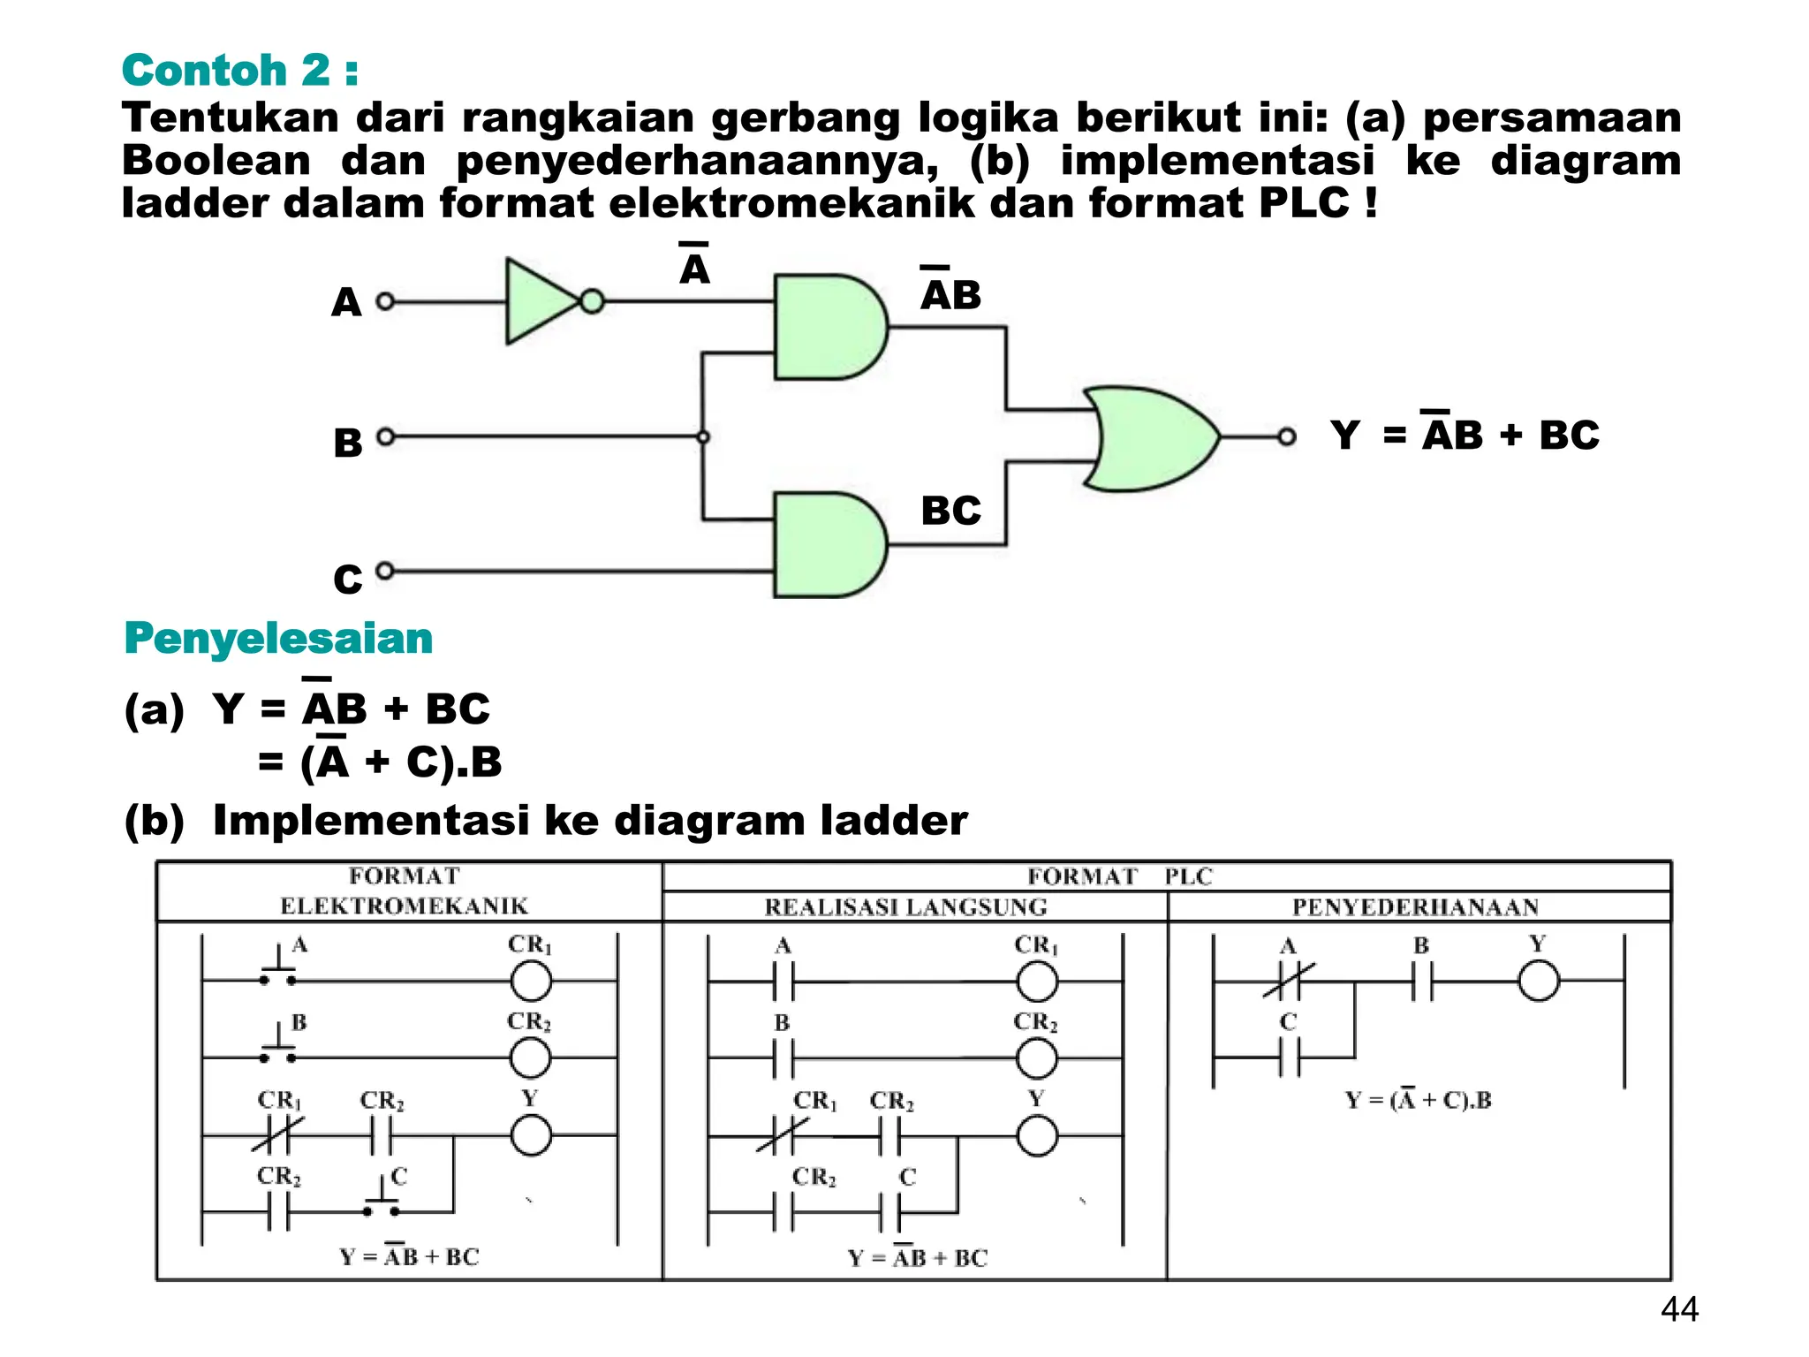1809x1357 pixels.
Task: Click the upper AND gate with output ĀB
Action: point(826,327)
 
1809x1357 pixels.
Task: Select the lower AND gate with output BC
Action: point(826,545)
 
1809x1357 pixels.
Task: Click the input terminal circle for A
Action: point(385,301)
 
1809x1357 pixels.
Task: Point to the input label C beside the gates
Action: point(347,580)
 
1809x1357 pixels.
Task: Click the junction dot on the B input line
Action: point(703,436)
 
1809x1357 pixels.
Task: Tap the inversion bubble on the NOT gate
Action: point(592,301)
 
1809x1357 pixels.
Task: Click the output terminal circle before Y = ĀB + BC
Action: point(1287,436)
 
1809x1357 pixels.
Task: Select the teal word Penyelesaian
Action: point(278,638)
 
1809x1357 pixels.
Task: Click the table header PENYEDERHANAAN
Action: point(1415,907)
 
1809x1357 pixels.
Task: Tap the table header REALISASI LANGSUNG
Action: point(905,907)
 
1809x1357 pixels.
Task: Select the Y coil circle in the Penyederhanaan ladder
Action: point(1539,982)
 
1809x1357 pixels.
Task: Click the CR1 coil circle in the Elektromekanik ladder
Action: point(531,981)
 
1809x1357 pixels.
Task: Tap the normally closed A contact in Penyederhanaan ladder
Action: point(1289,982)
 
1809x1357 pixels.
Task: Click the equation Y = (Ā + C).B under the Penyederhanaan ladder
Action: point(1418,1100)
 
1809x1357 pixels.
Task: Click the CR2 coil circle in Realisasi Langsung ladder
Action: point(1037,1058)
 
